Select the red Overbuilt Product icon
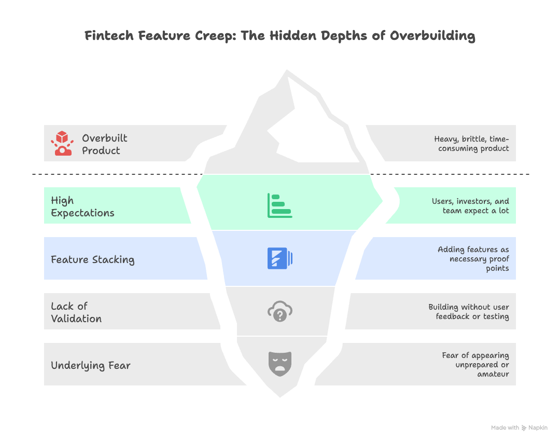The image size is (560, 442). (62, 143)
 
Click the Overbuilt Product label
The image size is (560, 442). (104, 144)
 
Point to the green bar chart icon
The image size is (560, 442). (279, 205)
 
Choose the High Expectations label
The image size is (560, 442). (82, 206)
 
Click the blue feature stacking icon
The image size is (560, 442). (279, 258)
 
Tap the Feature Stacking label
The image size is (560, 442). (92, 259)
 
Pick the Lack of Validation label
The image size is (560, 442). (76, 312)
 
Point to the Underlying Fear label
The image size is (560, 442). (90, 365)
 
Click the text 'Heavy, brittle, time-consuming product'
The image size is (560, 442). (471, 144)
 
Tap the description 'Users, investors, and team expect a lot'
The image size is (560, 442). (470, 206)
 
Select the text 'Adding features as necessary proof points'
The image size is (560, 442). (473, 259)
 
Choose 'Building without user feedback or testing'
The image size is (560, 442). (468, 312)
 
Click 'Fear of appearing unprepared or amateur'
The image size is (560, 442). (475, 365)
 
